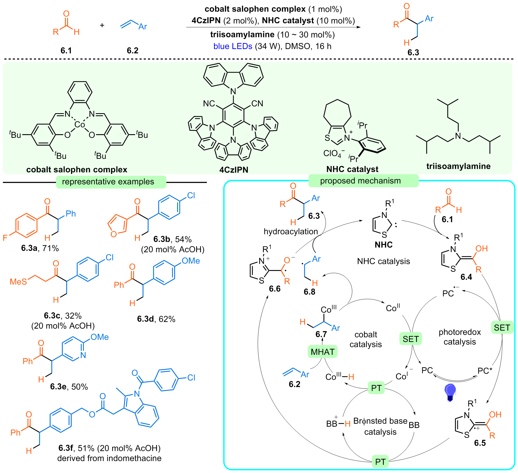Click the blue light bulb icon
coord(450,392)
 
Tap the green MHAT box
coord(322,352)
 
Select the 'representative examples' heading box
coord(111,182)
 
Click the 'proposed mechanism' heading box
coord(363,181)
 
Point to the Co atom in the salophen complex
coord(80,125)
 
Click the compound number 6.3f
coord(66,448)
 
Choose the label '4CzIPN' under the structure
coord(234,170)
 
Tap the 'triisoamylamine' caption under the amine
coord(458,166)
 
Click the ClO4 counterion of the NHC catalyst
coord(334,153)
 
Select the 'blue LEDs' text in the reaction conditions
coord(233,46)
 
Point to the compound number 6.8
coord(309,292)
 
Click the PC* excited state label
coord(485,371)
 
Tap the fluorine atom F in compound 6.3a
coord(5,238)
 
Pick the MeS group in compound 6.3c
coord(18,282)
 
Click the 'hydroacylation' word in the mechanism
coord(291,232)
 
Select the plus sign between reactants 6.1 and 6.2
coord(102,25)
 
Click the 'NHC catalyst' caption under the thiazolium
coord(352,169)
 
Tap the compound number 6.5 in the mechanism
coord(480,443)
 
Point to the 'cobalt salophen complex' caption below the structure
coord(77,170)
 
